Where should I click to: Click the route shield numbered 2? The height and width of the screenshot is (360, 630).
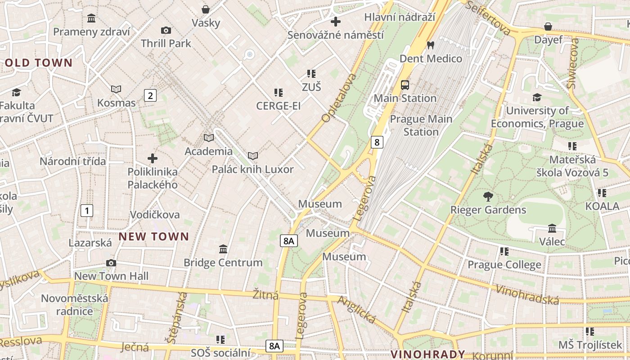pyautogui.click(x=150, y=95)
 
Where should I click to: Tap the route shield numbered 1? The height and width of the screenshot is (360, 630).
pyautogui.click(x=87, y=210)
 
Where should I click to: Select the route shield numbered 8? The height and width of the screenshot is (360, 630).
pyautogui.click(x=377, y=143)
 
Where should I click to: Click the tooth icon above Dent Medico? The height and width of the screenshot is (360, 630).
pyautogui.click(x=430, y=45)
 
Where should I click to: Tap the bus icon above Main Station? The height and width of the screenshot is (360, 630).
pyautogui.click(x=405, y=85)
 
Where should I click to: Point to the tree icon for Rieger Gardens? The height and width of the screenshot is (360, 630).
pyautogui.click(x=488, y=196)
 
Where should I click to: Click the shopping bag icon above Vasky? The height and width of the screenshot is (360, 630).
pyautogui.click(x=206, y=9)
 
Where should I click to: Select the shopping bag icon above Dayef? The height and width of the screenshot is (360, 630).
pyautogui.click(x=548, y=27)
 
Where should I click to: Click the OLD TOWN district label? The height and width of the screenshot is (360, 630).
pyautogui.click(x=39, y=63)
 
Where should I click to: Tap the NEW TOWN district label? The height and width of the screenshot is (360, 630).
pyautogui.click(x=154, y=237)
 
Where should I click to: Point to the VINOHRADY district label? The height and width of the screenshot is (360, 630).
pyautogui.click(x=427, y=354)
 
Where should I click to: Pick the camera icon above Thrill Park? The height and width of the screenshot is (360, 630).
pyautogui.click(x=166, y=30)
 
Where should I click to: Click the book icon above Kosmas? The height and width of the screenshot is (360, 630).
pyautogui.click(x=116, y=89)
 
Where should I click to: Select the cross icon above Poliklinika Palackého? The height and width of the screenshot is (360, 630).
pyautogui.click(x=153, y=158)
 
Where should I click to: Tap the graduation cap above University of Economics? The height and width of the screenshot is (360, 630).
pyautogui.click(x=537, y=97)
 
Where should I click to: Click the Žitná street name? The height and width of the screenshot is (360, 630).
pyautogui.click(x=265, y=295)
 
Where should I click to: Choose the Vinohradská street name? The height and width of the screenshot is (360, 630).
pyautogui.click(x=527, y=294)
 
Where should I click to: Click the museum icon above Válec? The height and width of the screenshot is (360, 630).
pyautogui.click(x=552, y=229)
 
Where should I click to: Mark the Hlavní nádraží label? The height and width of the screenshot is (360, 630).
pyautogui.click(x=400, y=17)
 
